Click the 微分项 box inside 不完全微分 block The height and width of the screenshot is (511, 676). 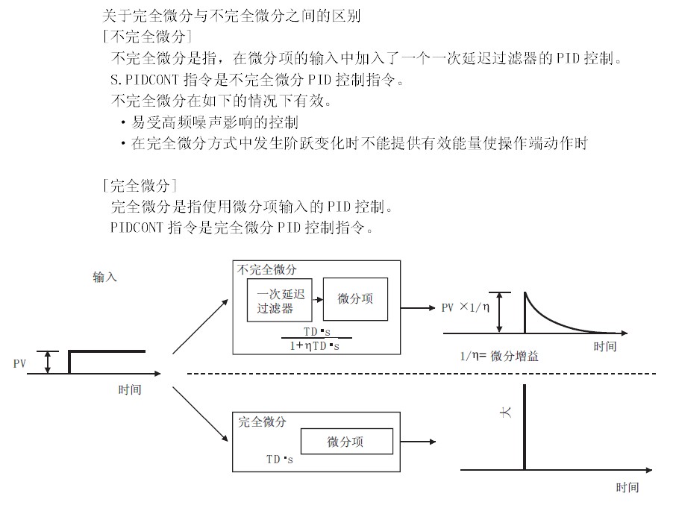(355, 299)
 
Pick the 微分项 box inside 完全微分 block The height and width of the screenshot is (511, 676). (346, 442)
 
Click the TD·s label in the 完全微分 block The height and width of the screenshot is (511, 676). (280, 460)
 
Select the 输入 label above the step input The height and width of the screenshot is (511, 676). (105, 278)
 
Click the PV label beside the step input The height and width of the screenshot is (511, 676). (20, 363)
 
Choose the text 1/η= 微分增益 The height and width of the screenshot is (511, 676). (499, 356)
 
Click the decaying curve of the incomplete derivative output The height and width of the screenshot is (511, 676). (552, 317)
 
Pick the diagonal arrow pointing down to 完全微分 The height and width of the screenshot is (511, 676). (201, 413)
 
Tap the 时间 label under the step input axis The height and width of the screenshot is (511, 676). (130, 389)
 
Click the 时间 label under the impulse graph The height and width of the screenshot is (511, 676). (628, 487)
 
